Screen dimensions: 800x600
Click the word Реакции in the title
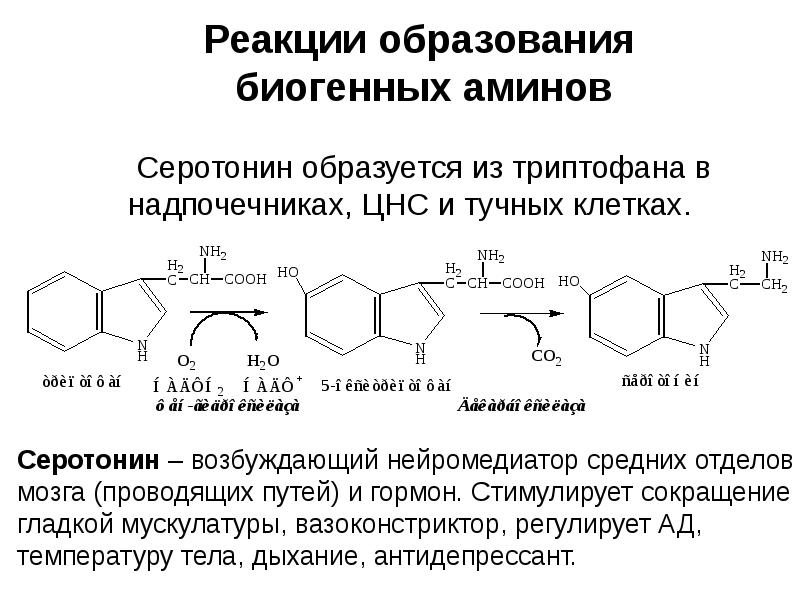(268, 42)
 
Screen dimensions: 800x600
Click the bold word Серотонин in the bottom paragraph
(89, 461)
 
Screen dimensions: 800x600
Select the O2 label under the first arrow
(187, 360)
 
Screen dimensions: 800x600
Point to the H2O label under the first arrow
(263, 360)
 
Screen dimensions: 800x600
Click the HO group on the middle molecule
(288, 271)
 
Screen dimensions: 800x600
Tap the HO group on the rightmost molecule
(569, 281)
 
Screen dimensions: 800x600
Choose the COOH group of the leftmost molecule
(244, 281)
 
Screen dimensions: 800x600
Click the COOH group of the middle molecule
(522, 283)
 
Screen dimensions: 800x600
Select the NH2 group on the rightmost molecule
(774, 256)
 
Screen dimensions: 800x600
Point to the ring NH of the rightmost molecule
(704, 353)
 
